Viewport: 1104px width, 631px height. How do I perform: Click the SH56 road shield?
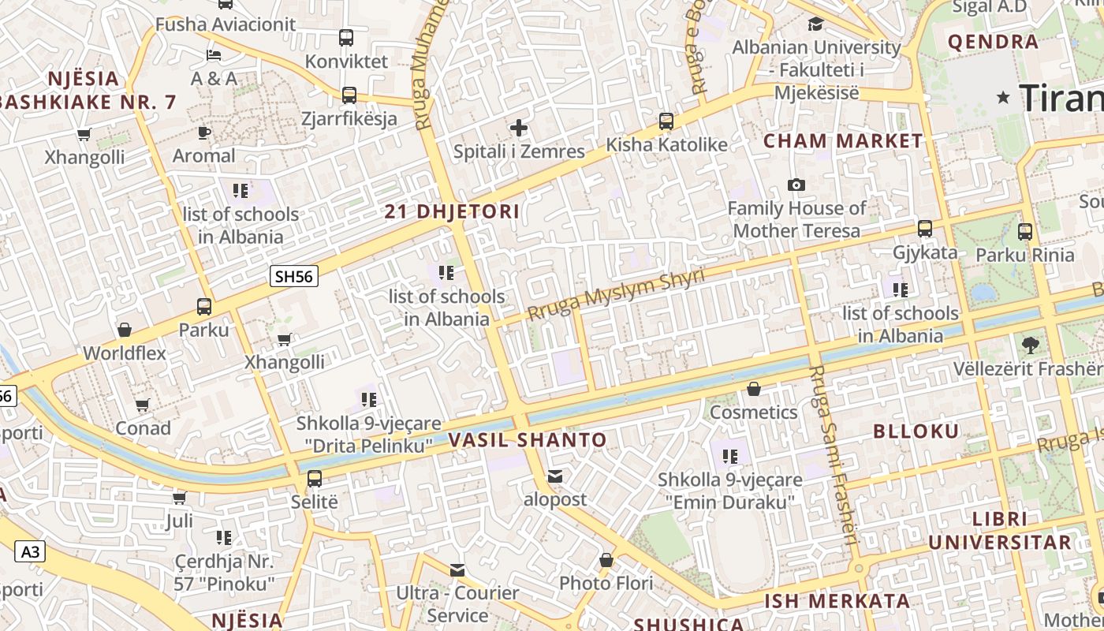pyautogui.click(x=293, y=276)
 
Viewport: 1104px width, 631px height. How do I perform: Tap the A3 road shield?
pyautogui.click(x=29, y=551)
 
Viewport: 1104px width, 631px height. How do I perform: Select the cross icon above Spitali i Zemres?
pyautogui.click(x=519, y=128)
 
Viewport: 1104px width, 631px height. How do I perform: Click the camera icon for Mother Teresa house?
pyautogui.click(x=796, y=185)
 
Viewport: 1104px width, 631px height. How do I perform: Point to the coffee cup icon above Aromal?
pyautogui.click(x=204, y=133)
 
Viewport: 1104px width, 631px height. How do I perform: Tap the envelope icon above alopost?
pyautogui.click(x=555, y=476)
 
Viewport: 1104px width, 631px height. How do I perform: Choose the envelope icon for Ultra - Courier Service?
pyautogui.click(x=457, y=569)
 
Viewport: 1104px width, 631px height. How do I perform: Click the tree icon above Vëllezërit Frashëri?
pyautogui.click(x=1029, y=345)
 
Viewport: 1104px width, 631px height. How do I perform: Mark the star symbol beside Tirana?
pyautogui.click(x=1003, y=98)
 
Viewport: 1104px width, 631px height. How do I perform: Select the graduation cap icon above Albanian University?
pyautogui.click(x=815, y=24)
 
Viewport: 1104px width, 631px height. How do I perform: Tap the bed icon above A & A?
pyautogui.click(x=214, y=54)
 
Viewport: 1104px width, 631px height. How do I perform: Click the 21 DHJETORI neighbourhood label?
pyautogui.click(x=452, y=211)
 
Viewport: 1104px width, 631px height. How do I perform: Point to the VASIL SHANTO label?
pyautogui.click(x=528, y=440)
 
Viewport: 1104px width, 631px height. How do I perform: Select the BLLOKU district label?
pyautogui.click(x=916, y=431)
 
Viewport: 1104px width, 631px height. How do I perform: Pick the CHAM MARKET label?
pyautogui.click(x=843, y=141)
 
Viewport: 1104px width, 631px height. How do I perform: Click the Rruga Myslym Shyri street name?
pyautogui.click(x=615, y=294)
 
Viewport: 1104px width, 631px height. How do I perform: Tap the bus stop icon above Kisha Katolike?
pyautogui.click(x=666, y=121)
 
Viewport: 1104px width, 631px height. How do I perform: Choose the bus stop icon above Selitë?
pyautogui.click(x=314, y=478)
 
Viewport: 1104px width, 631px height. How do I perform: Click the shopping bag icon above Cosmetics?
pyautogui.click(x=754, y=389)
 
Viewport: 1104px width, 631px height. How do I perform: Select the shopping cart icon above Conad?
pyautogui.click(x=143, y=405)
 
